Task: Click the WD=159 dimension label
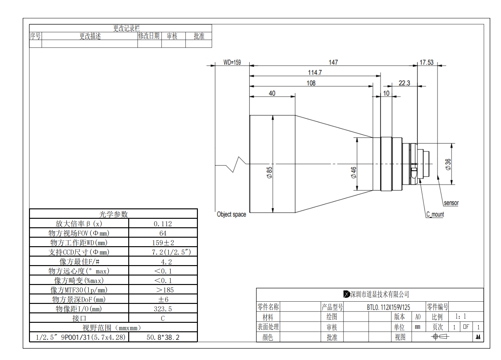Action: [x=232, y=62]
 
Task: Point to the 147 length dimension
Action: [x=333, y=62]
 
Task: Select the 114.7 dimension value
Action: [x=315, y=73]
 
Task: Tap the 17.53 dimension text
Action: [x=427, y=62]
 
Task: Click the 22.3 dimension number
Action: [x=404, y=83]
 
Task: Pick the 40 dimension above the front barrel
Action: [x=272, y=93]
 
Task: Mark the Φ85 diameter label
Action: [x=269, y=172]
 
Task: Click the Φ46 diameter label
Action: [x=354, y=172]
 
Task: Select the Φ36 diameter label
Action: [x=448, y=165]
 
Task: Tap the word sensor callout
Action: [x=451, y=203]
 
